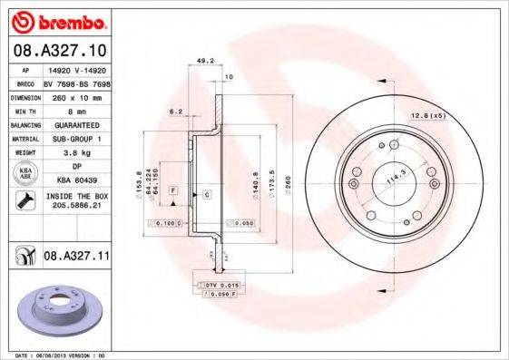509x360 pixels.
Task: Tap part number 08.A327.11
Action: [x=76, y=257]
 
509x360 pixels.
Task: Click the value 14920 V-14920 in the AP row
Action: [x=76, y=70]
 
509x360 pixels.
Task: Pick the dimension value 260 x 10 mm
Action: [x=76, y=96]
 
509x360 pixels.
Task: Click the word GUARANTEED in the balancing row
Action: [x=76, y=124]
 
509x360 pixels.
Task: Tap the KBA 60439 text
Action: [x=76, y=180]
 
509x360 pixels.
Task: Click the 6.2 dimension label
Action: [x=176, y=112]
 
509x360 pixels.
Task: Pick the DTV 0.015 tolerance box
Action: [x=221, y=285]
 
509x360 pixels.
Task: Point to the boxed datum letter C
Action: [x=206, y=195]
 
